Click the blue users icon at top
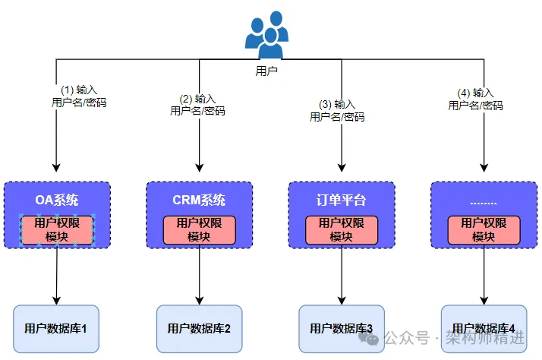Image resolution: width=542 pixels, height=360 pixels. [x=266, y=36]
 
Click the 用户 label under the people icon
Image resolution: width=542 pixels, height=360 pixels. [x=266, y=71]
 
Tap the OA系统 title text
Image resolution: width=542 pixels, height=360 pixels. [x=57, y=201]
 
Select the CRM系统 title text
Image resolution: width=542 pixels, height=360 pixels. [x=199, y=201]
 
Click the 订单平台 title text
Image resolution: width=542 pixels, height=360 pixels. [x=341, y=201]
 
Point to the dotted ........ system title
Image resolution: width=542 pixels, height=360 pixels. [x=484, y=201]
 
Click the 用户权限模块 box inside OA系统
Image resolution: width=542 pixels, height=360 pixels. [x=57, y=229]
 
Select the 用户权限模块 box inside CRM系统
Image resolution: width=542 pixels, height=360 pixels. [x=199, y=229]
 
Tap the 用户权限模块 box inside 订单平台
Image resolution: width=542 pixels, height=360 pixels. [x=341, y=229]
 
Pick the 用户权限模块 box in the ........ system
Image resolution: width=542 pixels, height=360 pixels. [x=484, y=229]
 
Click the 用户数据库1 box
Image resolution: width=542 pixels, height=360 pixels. [x=57, y=329]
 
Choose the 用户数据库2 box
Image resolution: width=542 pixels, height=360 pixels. [x=199, y=329]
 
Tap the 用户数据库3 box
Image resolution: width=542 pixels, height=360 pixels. [x=341, y=329]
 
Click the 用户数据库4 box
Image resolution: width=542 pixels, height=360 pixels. [x=484, y=329]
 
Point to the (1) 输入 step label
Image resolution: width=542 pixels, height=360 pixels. [x=78, y=90]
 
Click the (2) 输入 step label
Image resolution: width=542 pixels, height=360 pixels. [x=197, y=99]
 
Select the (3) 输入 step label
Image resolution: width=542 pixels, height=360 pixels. [x=337, y=104]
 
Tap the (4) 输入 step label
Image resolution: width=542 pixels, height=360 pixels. [x=475, y=93]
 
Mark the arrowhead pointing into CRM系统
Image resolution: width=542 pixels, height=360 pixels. [x=199, y=166]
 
